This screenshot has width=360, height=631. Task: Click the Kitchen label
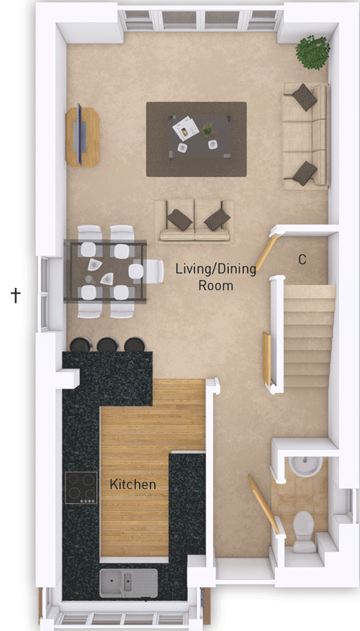pos(132,484)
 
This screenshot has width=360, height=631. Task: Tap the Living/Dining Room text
pos(204,277)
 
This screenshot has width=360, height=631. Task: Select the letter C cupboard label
pos(302,260)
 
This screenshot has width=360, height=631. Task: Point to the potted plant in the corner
pos(312,52)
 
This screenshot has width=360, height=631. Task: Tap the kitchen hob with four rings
pos(81,487)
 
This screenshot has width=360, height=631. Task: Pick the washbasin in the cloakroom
pos(307,468)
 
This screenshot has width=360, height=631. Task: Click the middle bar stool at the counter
pos(107,345)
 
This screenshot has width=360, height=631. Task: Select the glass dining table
pos(105,271)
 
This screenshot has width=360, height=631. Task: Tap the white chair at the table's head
pos(154,271)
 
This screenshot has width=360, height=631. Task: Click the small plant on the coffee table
pos(209,130)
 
